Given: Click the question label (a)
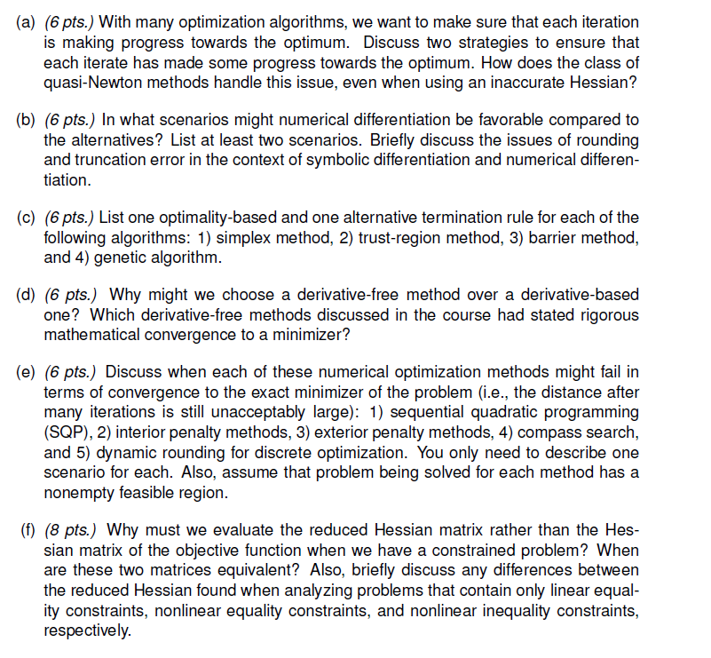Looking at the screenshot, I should click(27, 20).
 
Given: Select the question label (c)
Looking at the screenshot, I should click(27, 218).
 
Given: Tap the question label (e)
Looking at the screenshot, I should click(27, 371).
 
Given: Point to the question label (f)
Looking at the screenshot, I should click(28, 531).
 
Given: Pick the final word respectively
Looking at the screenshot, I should click(86, 631).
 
